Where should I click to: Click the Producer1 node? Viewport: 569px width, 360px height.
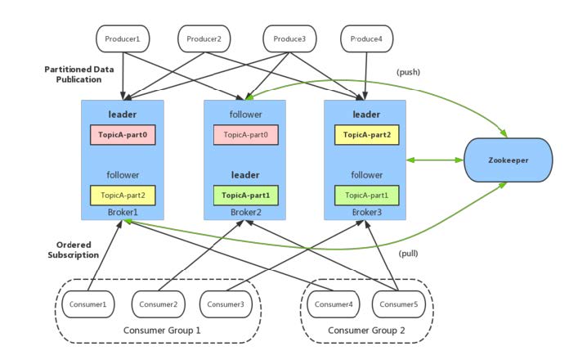pos(121,38)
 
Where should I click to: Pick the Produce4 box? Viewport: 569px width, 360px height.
pos(366,38)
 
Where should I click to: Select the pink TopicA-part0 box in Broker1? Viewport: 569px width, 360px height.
pos(122,133)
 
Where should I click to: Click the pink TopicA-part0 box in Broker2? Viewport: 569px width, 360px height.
pos(244,133)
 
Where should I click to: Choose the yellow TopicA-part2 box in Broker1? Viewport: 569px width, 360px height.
pos(122,196)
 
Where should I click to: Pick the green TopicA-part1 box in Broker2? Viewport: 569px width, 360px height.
pos(244,196)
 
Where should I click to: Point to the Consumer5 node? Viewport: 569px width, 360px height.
pos(398,304)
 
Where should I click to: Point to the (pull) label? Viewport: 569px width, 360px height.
pos(408,253)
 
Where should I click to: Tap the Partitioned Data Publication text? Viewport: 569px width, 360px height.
pos(78,75)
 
